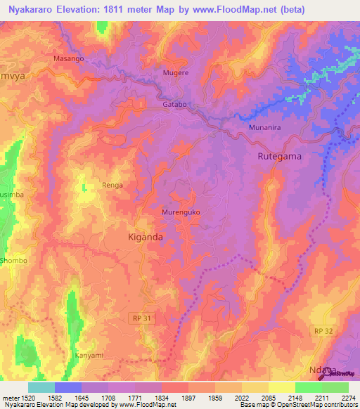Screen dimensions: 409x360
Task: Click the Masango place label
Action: pyautogui.click(x=69, y=59)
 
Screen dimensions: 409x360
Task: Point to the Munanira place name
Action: pyautogui.click(x=265, y=128)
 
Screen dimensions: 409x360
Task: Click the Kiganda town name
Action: pyautogui.click(x=146, y=238)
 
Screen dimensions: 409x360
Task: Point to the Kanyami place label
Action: pyautogui.click(x=89, y=356)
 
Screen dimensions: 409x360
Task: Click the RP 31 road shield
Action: pyautogui.click(x=141, y=318)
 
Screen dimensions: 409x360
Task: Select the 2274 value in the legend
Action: pyautogui.click(x=348, y=398)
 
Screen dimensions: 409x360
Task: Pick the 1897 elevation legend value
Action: pyautogui.click(x=188, y=398)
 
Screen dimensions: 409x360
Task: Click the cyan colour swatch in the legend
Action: pyautogui.click(x=41, y=387)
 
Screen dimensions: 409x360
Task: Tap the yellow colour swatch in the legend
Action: pyautogui.click(x=281, y=387)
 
